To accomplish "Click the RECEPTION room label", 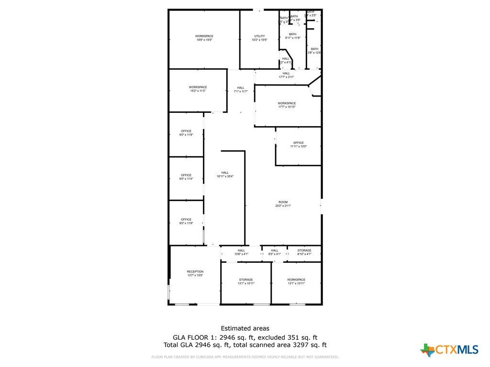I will (195, 273).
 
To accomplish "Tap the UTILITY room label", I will (259, 38).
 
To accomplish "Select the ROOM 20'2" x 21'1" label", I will (283, 204).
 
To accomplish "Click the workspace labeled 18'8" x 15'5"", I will (204, 38).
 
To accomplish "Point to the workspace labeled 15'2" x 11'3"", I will (198, 89).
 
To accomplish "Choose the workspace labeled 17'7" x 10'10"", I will (287, 105).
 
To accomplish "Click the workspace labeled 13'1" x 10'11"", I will (296, 281).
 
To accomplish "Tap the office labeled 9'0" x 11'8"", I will (186, 133).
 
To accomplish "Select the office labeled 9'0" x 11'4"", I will (186, 177).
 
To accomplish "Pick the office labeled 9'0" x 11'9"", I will (186, 221).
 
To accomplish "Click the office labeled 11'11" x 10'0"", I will (298, 144).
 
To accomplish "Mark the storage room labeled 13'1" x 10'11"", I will (246, 281).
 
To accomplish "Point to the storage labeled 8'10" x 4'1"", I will (304, 252).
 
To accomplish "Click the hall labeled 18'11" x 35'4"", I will (225, 174).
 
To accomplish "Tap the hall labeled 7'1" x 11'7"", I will (240, 89).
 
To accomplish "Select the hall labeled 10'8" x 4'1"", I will (241, 252).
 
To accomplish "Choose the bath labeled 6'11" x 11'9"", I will (292, 36).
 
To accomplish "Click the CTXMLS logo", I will (449, 350).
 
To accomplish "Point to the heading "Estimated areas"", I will (245, 328).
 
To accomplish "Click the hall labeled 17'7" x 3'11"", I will (286, 75).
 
